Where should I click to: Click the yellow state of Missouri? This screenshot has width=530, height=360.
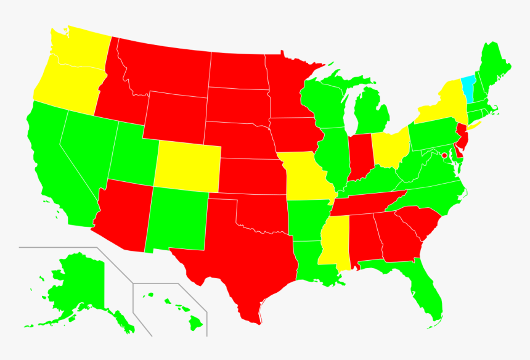pos(304,176)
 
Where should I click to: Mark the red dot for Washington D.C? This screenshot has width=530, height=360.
pos(444,155)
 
